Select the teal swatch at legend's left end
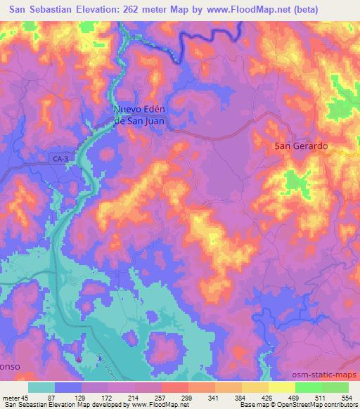[41, 387]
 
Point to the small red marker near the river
[79, 359]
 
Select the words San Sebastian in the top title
[42, 10]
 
